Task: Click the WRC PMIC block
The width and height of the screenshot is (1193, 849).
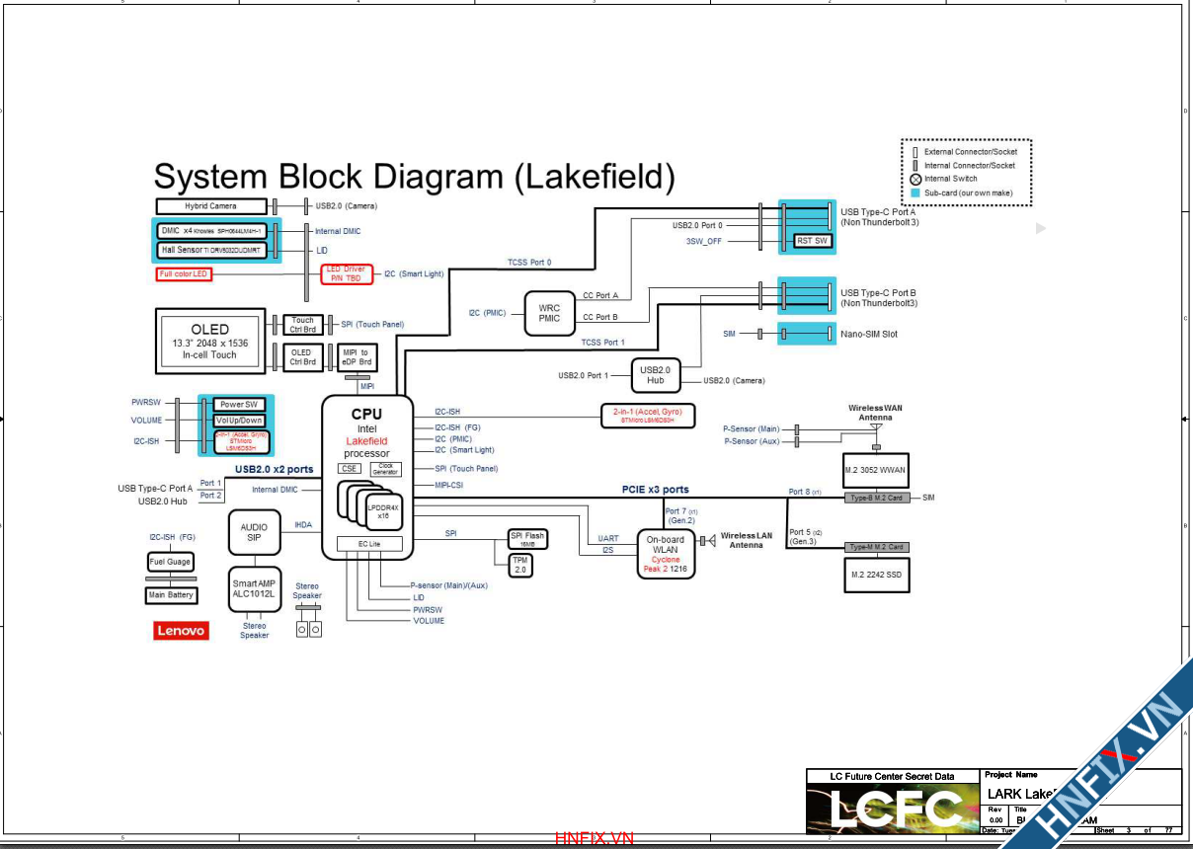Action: tap(549, 313)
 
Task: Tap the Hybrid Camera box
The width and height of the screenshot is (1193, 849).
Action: tap(211, 206)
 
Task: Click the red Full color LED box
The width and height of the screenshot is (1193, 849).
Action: tap(185, 273)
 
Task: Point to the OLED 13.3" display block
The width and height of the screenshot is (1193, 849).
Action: tap(210, 341)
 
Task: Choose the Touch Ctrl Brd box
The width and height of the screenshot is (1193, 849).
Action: tap(302, 325)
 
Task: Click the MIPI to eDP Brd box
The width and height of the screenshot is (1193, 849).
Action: tap(357, 356)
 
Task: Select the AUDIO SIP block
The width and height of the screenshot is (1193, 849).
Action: tap(254, 532)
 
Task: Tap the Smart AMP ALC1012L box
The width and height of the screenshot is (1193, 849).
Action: tap(254, 589)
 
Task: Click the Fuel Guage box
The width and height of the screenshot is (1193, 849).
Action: tap(171, 562)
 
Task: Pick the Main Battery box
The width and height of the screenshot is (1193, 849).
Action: tap(171, 595)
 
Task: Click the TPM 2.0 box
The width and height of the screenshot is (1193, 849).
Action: tap(520, 566)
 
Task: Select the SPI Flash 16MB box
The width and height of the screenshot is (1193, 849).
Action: tap(527, 539)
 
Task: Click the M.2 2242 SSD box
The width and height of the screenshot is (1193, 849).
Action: tap(877, 574)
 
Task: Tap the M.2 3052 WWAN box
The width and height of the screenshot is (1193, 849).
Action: tap(877, 470)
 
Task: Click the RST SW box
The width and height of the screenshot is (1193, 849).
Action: tap(813, 241)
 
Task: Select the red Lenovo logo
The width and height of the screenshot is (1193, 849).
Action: tap(181, 631)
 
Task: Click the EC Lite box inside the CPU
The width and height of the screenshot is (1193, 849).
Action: tap(370, 544)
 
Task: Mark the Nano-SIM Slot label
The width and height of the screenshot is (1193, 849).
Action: tap(869, 334)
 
